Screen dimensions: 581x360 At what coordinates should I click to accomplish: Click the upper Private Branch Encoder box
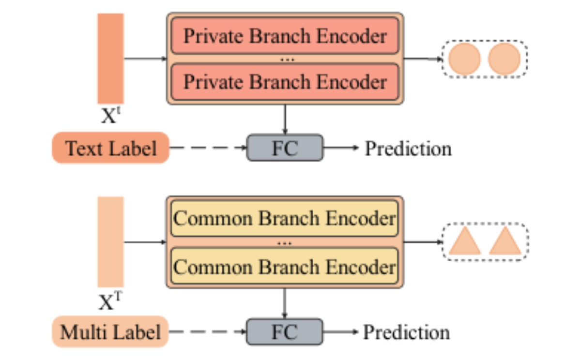tap(285, 35)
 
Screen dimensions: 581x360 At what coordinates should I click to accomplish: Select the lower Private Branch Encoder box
tap(285, 82)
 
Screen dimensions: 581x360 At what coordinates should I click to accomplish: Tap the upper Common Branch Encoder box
tap(285, 218)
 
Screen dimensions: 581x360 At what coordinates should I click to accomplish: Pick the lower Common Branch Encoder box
tap(285, 266)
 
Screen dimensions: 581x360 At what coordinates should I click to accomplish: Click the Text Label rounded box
tap(111, 148)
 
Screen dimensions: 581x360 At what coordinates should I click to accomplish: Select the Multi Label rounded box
tap(110, 331)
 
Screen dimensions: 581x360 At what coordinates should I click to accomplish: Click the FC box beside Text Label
tap(285, 148)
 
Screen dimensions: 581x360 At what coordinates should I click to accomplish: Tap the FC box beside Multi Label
tap(285, 332)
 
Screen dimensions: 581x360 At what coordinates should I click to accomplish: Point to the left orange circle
tap(464, 59)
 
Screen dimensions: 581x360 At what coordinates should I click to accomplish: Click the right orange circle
tap(504, 59)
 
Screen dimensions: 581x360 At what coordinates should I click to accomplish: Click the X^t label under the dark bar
tap(111, 115)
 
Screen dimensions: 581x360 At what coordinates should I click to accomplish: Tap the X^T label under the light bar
tap(110, 300)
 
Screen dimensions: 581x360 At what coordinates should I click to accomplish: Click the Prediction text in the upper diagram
tap(408, 149)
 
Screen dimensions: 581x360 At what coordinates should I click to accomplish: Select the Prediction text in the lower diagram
tap(406, 332)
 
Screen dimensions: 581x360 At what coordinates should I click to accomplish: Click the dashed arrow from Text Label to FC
tap(208, 148)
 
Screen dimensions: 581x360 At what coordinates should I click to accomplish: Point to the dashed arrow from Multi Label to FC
tap(208, 331)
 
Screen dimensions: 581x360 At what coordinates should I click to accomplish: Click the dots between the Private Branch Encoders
tap(287, 60)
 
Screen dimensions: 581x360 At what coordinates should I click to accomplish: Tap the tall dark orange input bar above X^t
tap(111, 59)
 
